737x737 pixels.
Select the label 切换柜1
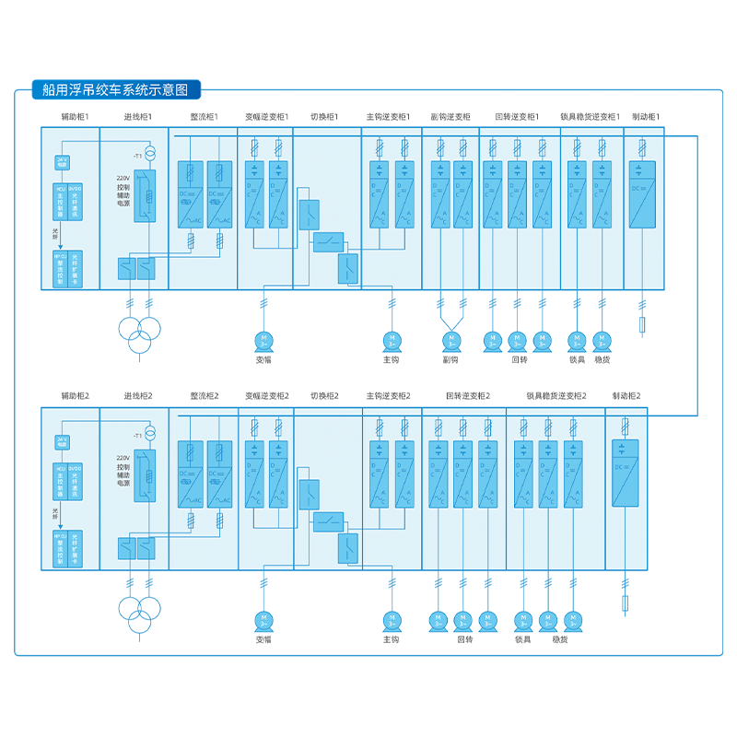(x=324, y=117)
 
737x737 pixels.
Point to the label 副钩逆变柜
(x=450, y=117)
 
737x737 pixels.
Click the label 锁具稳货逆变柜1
(x=591, y=117)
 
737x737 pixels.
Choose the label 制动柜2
(x=626, y=395)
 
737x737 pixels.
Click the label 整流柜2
(x=204, y=395)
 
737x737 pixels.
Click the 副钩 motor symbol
(x=451, y=340)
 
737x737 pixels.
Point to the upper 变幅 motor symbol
(x=263, y=341)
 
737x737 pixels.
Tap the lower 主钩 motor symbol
(x=391, y=620)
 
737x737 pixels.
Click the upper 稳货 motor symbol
(x=602, y=341)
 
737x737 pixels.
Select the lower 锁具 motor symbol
(x=523, y=620)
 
